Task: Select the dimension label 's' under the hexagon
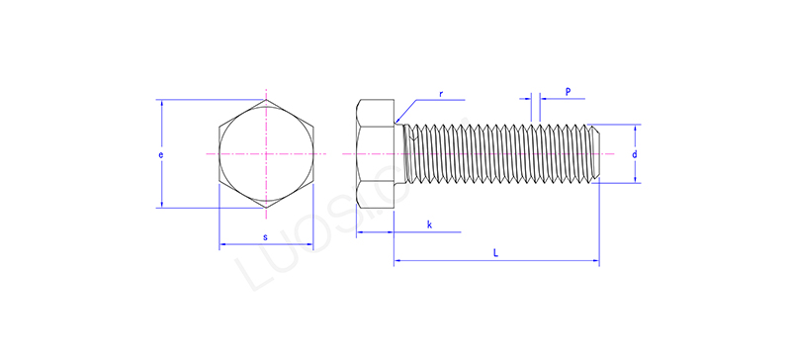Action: (x=265, y=237)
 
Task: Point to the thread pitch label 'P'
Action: (x=568, y=91)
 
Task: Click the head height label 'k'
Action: (x=429, y=225)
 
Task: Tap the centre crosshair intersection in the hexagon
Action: (x=265, y=154)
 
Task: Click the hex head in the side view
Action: (x=376, y=154)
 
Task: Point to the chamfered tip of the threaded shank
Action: (x=595, y=154)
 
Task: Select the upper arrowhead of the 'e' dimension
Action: (x=159, y=104)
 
